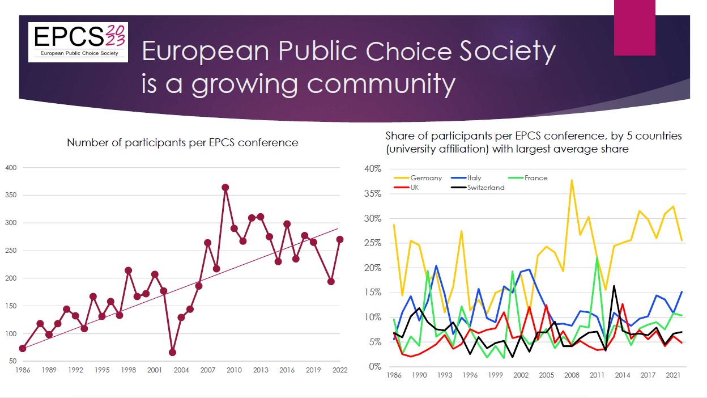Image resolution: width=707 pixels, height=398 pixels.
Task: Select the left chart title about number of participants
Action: pyautogui.click(x=182, y=143)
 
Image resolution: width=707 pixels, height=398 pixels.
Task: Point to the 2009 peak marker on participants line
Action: pyautogui.click(x=225, y=187)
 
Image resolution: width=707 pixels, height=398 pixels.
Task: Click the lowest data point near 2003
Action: pyautogui.click(x=173, y=352)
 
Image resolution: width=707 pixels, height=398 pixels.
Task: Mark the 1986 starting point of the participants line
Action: pyautogui.click(x=23, y=348)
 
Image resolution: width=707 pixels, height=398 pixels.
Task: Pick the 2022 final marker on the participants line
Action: pyautogui.click(x=340, y=239)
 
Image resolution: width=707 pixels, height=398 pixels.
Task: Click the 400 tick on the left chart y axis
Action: pyautogui.click(x=11, y=167)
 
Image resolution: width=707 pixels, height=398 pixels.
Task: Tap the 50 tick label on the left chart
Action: pyautogui.click(x=13, y=361)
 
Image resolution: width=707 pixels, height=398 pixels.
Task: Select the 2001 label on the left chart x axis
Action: pyautogui.click(x=155, y=370)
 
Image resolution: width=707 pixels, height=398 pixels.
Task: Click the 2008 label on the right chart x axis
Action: pyautogui.click(x=571, y=375)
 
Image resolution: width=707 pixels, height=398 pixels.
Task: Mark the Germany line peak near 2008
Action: pyautogui.click(x=572, y=180)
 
